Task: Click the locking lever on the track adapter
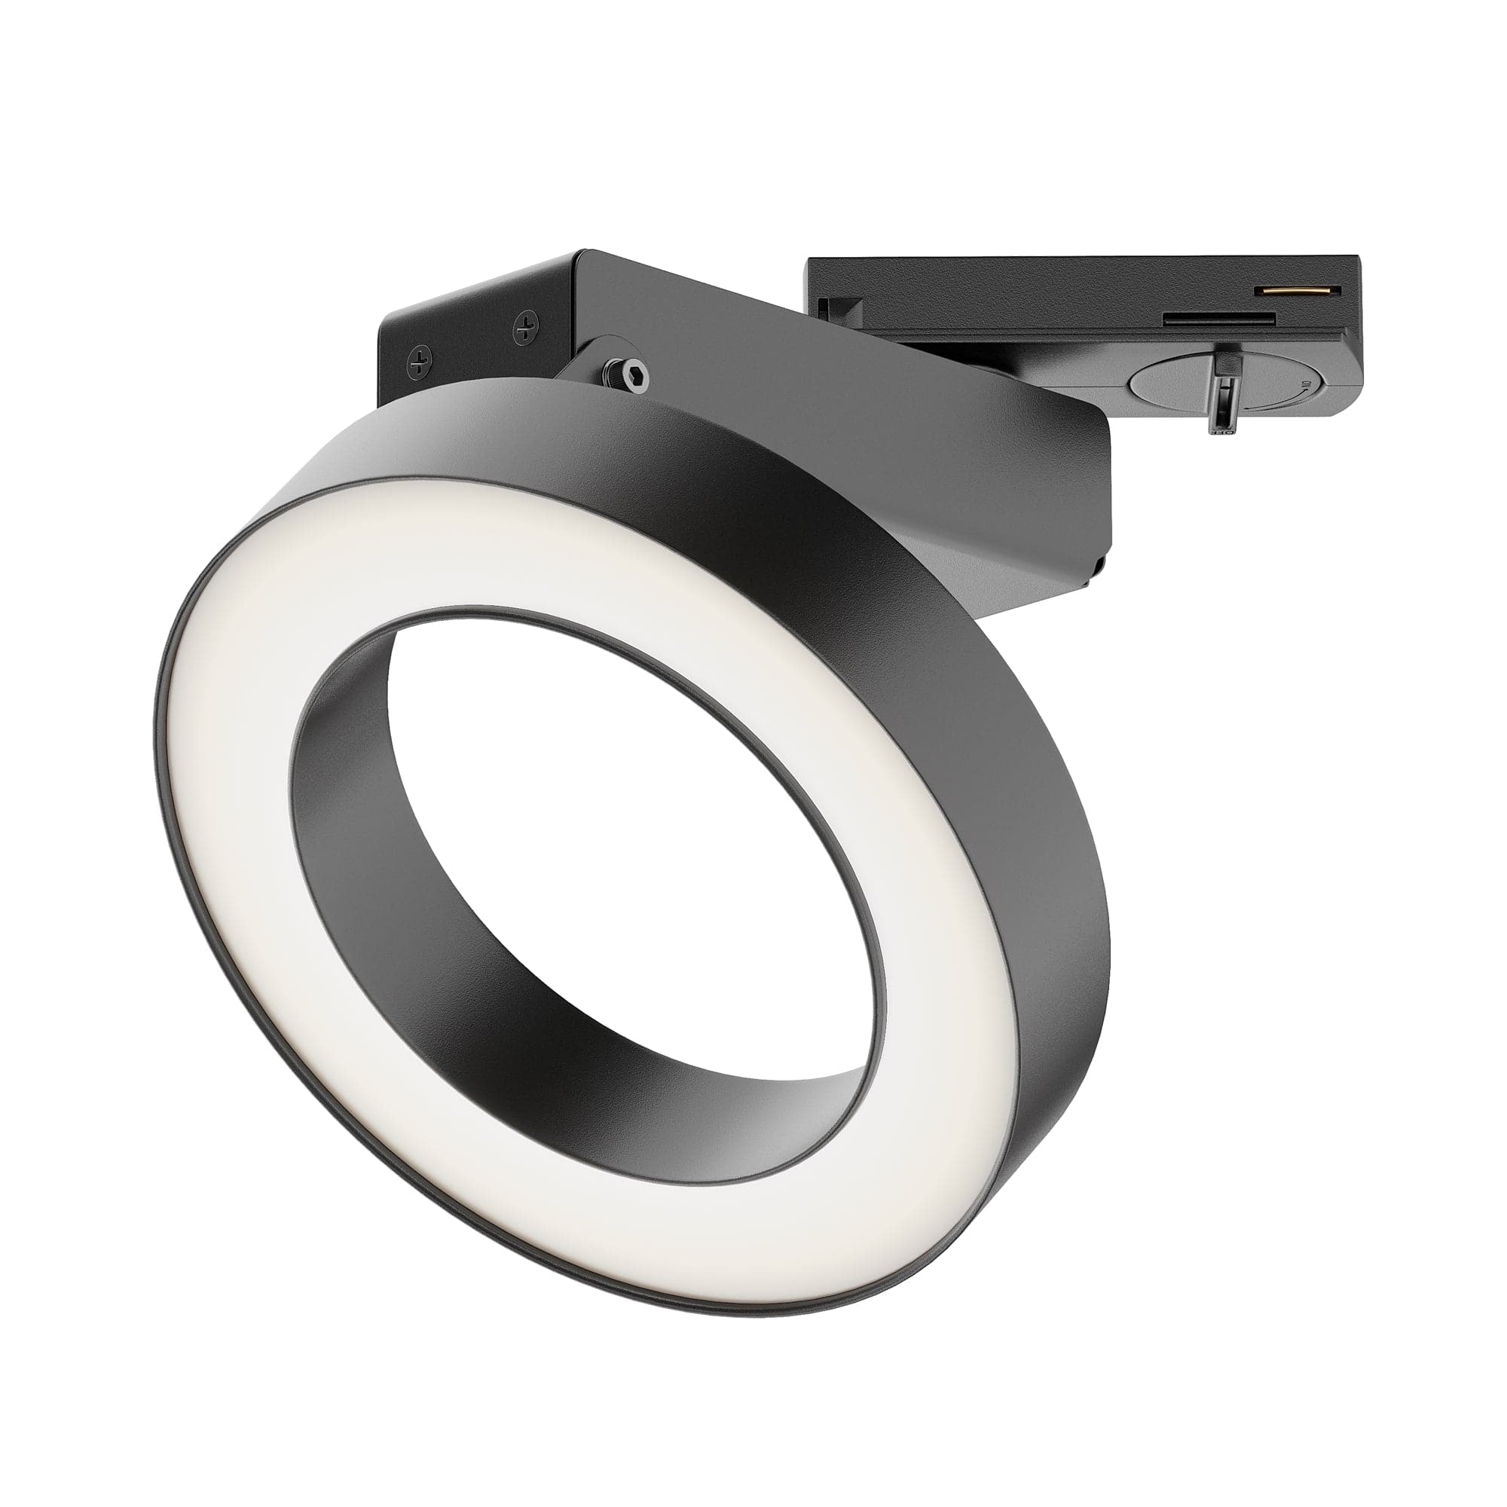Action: click(x=1224, y=390)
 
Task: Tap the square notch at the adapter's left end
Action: click(x=827, y=307)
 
